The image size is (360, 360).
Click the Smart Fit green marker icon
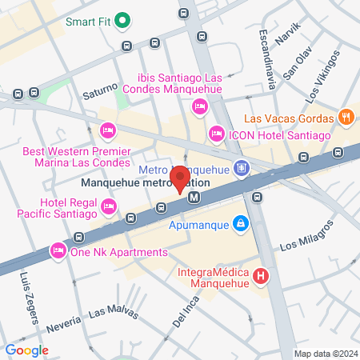point(122,20)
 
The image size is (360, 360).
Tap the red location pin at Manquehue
point(180,178)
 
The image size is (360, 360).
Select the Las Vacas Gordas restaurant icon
point(346,116)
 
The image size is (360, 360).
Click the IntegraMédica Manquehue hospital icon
point(260,278)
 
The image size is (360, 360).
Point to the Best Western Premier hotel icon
point(107,130)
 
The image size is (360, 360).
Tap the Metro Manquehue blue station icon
point(242,169)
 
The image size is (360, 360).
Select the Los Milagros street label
point(306,237)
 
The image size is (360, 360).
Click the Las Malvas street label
point(107,310)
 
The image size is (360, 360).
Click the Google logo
point(27,350)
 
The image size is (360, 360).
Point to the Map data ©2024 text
point(324,354)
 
